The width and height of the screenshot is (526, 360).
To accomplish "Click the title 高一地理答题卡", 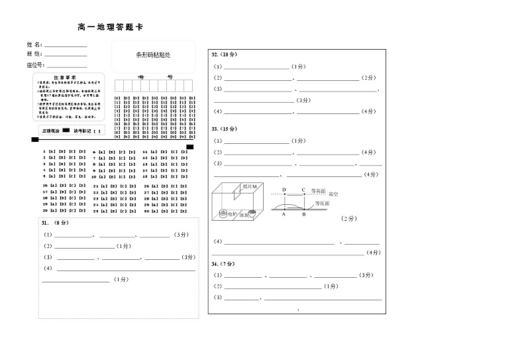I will (110, 27).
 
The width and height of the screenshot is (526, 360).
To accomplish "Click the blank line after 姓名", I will (65, 46).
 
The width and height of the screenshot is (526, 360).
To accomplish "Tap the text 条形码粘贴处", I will (153, 57).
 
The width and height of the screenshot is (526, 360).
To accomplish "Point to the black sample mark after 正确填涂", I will (66, 131).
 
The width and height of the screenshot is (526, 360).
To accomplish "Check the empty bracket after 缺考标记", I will (97, 131).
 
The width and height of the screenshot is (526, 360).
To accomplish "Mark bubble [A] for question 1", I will (52, 152).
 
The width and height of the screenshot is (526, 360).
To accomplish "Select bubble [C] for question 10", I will (122, 177).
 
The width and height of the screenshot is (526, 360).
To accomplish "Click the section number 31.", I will (45, 223).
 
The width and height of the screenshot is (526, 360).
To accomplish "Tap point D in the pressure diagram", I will (284, 190).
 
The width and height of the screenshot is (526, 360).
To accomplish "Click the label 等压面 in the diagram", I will (322, 204).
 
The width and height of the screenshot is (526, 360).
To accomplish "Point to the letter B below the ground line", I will (304, 215).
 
